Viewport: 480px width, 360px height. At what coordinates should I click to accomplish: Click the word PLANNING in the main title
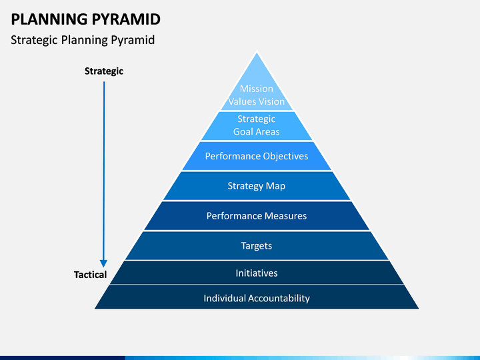tap(49, 19)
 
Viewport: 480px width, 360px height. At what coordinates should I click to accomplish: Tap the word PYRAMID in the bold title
tap(126, 19)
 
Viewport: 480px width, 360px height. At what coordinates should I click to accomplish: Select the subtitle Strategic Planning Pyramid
tap(83, 40)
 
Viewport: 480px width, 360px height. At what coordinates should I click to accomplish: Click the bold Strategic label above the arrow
tap(104, 71)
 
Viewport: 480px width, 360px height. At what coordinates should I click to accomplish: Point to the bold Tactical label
tap(90, 275)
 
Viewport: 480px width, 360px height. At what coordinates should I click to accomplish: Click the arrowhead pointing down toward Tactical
tap(104, 263)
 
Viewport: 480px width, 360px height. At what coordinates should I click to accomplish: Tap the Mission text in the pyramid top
tap(257, 89)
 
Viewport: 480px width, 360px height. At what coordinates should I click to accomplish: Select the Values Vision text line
tap(257, 101)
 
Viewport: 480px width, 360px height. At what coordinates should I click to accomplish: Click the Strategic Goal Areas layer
tap(257, 125)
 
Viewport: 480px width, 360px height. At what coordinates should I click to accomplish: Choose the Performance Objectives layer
tap(257, 156)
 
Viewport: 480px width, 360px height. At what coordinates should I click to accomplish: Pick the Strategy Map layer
tap(257, 186)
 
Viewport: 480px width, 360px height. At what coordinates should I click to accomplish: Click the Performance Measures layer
tap(257, 215)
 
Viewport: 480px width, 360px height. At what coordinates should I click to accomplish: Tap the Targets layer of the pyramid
tap(257, 245)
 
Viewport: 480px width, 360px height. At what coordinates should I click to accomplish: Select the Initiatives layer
tap(257, 273)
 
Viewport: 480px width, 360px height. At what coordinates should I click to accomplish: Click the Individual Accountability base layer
tap(257, 297)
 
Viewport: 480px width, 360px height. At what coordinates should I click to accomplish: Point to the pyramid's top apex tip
tap(257, 53)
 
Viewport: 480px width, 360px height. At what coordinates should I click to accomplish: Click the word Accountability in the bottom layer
tap(279, 298)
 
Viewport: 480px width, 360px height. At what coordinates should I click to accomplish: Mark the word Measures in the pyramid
tap(285, 216)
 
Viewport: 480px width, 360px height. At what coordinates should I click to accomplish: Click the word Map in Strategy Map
tap(275, 186)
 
